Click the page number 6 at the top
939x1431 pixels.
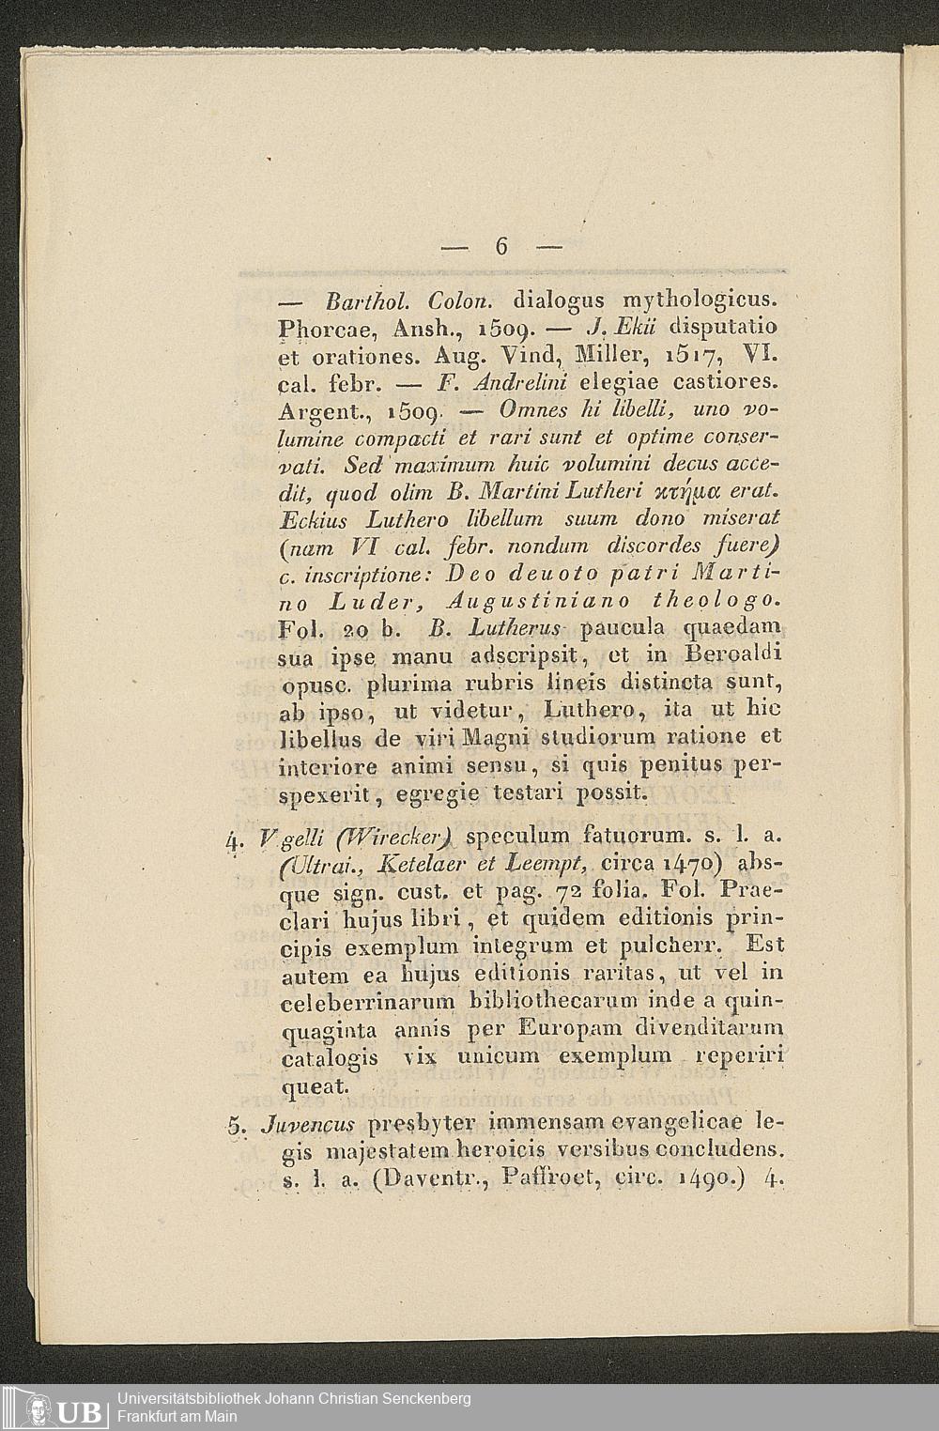tap(500, 247)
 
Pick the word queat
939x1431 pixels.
tap(316, 1086)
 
